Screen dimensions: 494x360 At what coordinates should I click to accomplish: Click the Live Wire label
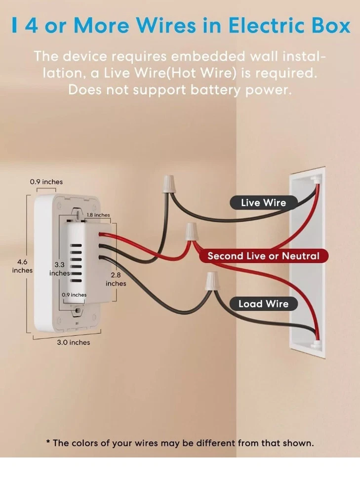coord(263,203)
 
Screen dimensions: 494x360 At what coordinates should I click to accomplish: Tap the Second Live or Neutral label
coord(263,256)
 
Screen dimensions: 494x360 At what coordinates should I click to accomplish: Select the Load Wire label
coord(263,304)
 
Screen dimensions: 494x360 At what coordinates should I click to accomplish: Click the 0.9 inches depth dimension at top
coord(46,182)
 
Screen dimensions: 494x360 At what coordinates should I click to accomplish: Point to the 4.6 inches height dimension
coord(22,266)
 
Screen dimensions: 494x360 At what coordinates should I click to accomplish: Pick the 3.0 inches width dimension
coord(73,342)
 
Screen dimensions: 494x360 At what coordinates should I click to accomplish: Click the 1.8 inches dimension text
coord(98,215)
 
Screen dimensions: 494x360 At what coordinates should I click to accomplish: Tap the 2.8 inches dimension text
coord(116,279)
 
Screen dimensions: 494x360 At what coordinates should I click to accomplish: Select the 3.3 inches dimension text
coord(59,269)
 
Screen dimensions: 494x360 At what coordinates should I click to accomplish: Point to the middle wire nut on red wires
coord(190,231)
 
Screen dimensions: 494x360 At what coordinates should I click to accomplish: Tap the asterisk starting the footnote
coord(48,443)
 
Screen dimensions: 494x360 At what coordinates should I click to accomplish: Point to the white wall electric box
coord(307,262)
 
